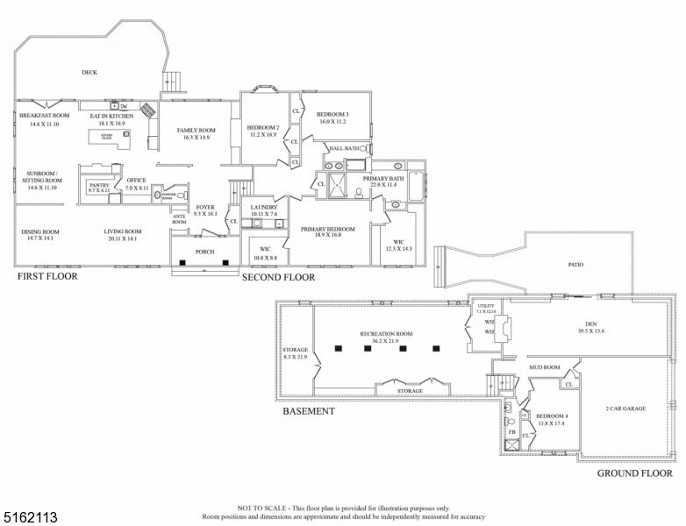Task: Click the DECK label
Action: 89,73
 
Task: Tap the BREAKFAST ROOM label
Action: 44,116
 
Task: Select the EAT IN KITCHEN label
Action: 112,116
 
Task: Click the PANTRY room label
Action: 97,186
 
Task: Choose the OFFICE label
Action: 136,181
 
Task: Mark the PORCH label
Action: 204,252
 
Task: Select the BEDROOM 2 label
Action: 263,127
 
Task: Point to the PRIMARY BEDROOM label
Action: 327,230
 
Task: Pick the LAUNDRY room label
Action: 264,207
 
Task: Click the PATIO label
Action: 575,264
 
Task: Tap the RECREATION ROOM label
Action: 386,334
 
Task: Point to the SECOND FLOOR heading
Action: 280,277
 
